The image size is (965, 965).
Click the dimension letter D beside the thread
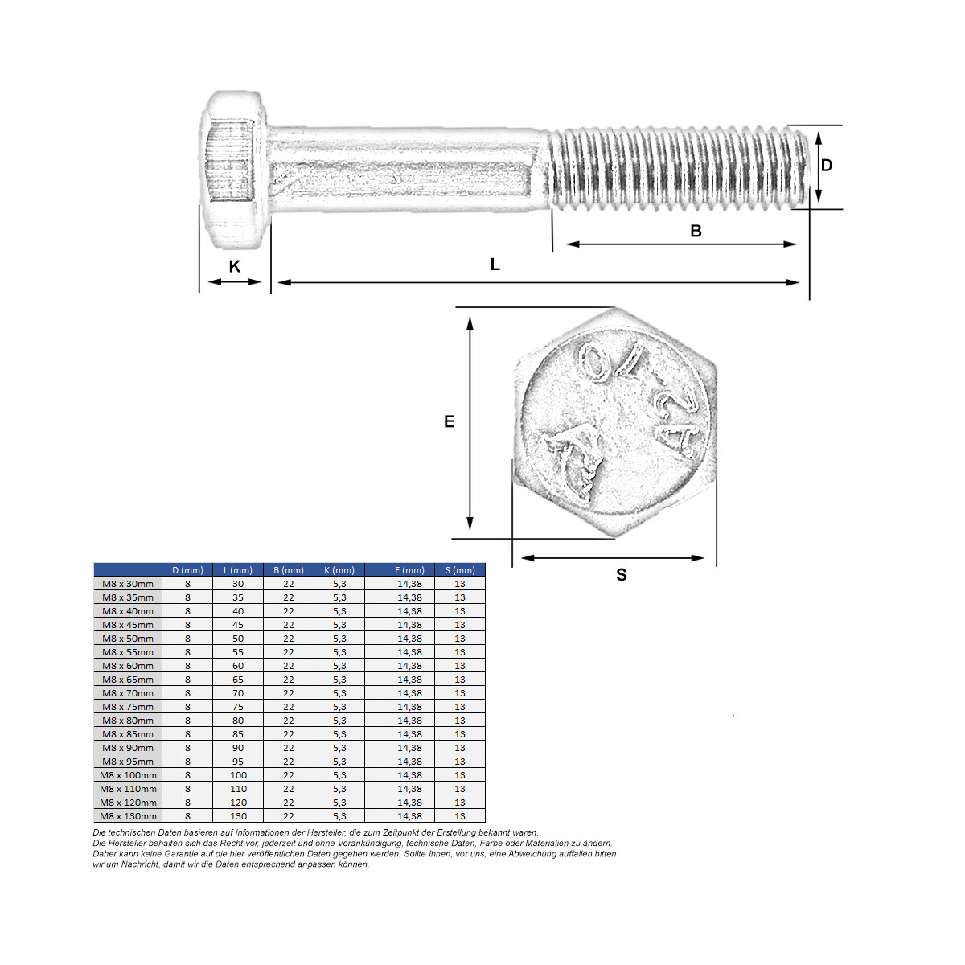tap(827, 166)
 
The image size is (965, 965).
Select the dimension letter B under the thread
tap(696, 231)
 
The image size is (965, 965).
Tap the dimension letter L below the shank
tap(495, 264)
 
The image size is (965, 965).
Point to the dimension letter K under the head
tap(235, 266)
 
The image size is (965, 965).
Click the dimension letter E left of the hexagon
tap(450, 421)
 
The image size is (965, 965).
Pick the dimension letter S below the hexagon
tap(622, 574)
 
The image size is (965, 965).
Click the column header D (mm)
tap(188, 570)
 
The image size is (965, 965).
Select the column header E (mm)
tap(409, 570)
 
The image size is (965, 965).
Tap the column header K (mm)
tap(339, 570)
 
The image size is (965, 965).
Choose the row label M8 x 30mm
tap(128, 584)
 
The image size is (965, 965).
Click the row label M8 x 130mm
tap(128, 816)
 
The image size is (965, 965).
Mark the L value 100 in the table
tap(238, 775)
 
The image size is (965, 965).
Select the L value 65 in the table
tap(238, 680)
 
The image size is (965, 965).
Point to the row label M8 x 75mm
tap(128, 707)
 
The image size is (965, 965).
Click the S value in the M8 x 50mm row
tap(460, 639)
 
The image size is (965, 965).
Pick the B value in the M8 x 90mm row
tap(289, 748)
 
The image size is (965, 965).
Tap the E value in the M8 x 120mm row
tap(409, 803)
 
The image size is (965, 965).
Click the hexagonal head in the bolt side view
tap(233, 170)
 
